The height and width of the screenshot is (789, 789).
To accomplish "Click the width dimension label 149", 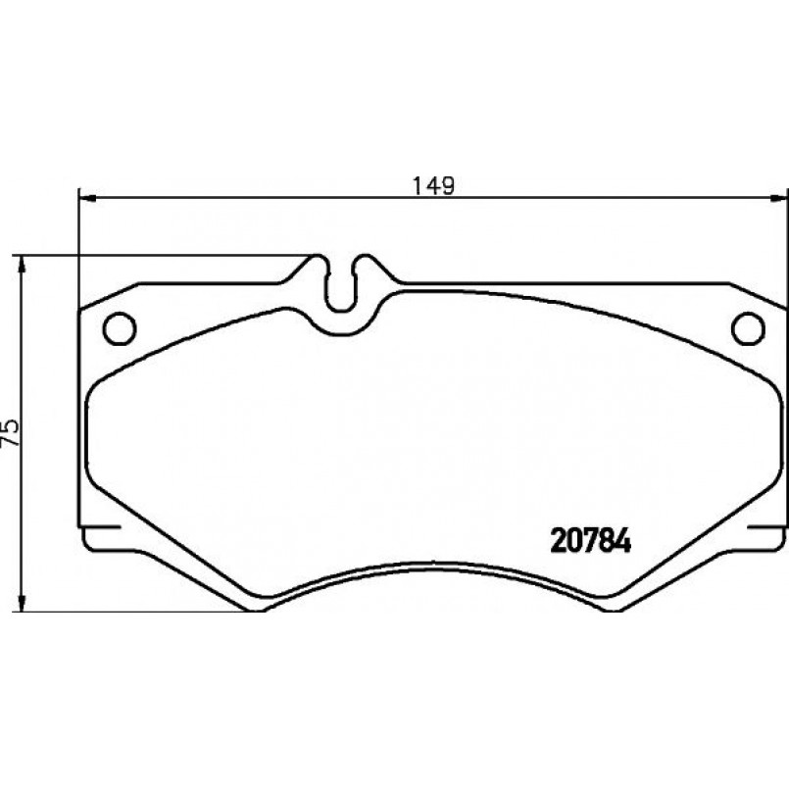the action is coord(433,185).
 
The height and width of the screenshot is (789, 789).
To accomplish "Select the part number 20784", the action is coord(591,541).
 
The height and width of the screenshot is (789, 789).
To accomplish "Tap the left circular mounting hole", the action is coord(120,328).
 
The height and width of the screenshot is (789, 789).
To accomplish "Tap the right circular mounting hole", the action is coord(748,328).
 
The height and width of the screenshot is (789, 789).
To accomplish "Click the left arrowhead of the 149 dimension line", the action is coord(87,197).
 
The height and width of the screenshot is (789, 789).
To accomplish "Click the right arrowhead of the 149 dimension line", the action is coord(779,197).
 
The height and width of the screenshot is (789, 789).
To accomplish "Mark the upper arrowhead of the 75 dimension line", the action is coord(21,266).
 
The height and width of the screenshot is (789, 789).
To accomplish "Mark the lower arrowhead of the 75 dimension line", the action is coord(21,603).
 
